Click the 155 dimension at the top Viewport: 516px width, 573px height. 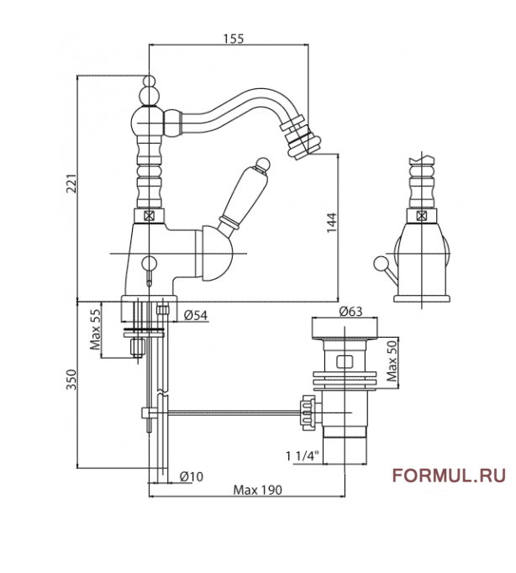[233, 37]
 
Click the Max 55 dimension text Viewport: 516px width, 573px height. [95, 330]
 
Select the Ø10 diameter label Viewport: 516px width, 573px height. [191, 476]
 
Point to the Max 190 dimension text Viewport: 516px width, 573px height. [257, 490]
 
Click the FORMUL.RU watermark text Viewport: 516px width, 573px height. [449, 476]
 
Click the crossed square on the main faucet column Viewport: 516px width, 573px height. [149, 215]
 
